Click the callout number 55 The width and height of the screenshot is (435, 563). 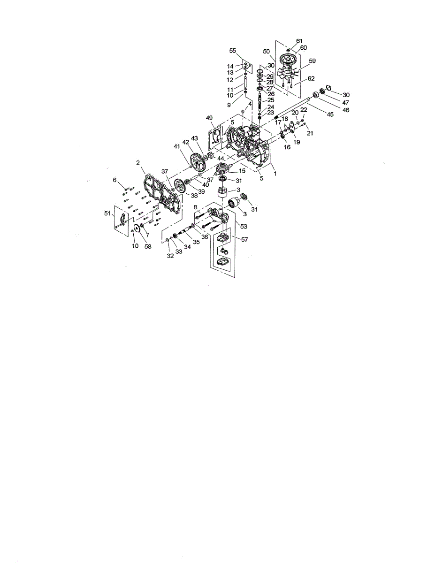tap(233, 50)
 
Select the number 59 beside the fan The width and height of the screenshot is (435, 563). tap(312, 61)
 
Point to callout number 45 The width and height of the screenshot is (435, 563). tap(330, 114)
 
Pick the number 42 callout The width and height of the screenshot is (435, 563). tap(186, 142)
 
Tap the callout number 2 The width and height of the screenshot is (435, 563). tap(138, 162)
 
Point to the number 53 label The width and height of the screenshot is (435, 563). tap(244, 227)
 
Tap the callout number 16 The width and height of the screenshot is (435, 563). tap(287, 147)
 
